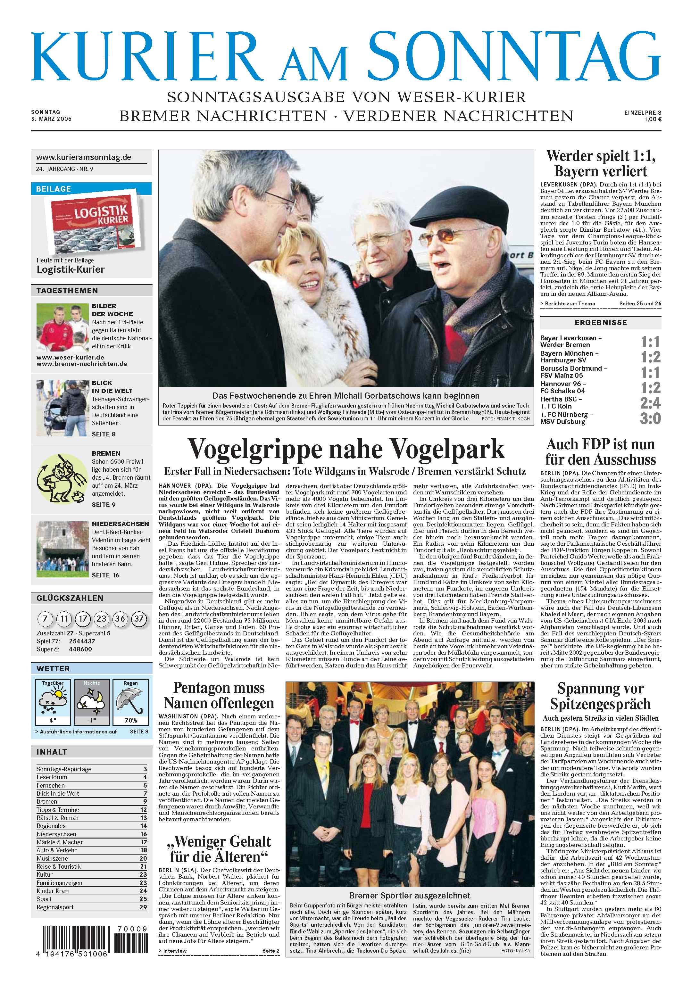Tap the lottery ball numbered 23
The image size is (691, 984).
click(x=102, y=618)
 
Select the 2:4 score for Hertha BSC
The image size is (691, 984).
click(x=650, y=403)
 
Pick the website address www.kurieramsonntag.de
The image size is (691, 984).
click(x=84, y=157)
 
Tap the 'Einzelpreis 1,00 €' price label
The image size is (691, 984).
click(x=643, y=116)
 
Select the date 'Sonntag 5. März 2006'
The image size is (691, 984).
click(x=51, y=116)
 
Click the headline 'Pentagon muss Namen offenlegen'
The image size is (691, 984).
click(x=219, y=695)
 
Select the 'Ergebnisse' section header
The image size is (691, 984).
click(x=601, y=323)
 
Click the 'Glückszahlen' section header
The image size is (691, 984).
click(x=70, y=598)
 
